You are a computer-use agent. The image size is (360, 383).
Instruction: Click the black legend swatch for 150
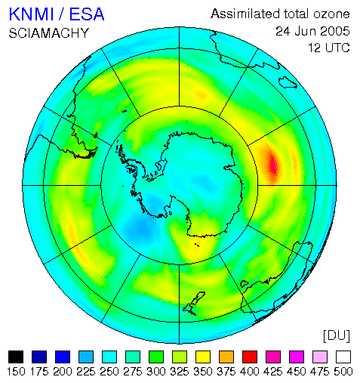tap(16, 357)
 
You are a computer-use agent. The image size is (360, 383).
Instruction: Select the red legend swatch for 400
tap(250, 357)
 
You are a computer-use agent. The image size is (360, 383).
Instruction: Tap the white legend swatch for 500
tap(343, 357)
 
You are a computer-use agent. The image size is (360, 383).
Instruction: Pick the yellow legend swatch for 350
tap(203, 357)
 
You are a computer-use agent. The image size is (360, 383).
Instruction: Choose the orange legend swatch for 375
tap(226, 357)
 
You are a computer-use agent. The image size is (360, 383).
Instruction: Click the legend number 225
tap(86, 372)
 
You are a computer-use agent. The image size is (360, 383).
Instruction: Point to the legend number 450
tap(297, 372)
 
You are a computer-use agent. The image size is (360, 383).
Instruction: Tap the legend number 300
tap(156, 372)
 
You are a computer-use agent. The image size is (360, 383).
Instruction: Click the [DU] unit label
tap(337, 335)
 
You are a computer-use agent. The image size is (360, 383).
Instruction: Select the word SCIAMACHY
tap(49, 33)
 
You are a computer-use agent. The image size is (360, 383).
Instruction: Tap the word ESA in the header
tap(87, 14)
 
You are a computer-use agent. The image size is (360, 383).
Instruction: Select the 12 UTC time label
tap(329, 48)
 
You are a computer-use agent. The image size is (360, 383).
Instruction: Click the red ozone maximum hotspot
tap(272, 164)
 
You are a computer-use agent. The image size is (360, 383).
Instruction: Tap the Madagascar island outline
tap(288, 82)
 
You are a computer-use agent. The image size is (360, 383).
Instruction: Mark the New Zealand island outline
tap(194, 304)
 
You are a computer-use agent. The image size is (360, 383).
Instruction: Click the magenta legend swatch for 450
tap(297, 357)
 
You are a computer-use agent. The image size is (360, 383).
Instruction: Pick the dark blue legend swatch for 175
tap(39, 357)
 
